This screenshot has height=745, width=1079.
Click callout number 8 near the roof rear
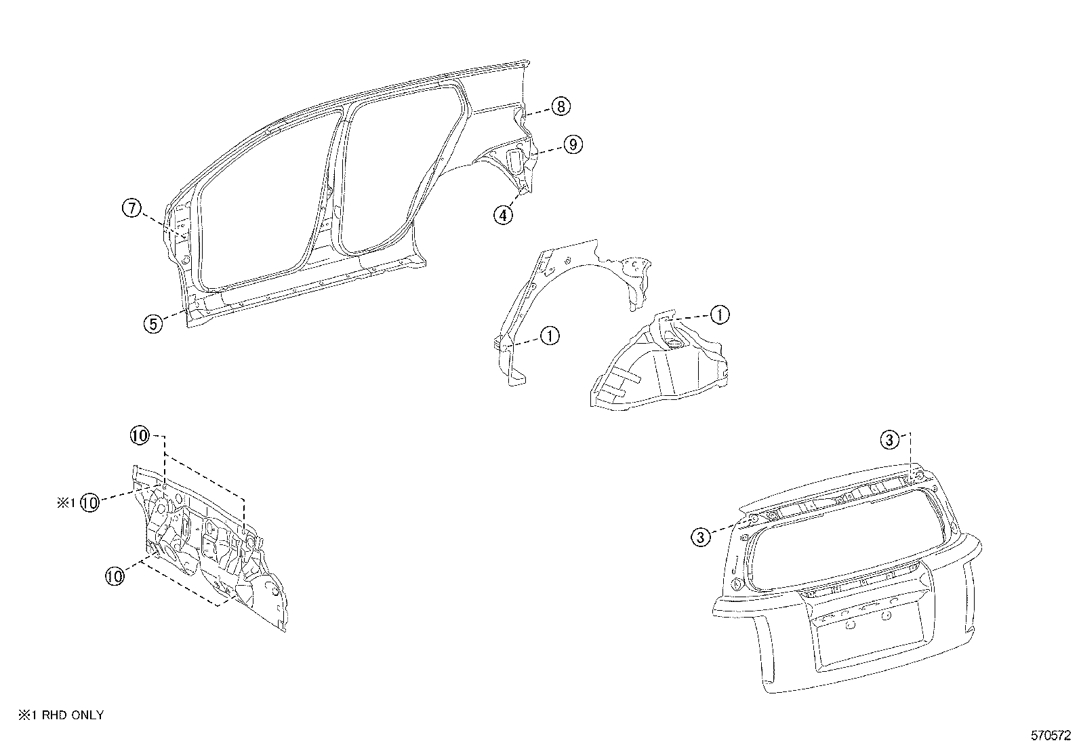(561, 106)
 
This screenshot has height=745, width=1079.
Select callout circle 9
(572, 144)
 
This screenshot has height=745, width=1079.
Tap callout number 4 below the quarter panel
(502, 215)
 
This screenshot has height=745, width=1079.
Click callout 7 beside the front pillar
(131, 208)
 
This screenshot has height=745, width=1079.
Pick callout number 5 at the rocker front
(153, 324)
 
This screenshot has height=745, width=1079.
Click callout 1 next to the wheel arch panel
(550, 335)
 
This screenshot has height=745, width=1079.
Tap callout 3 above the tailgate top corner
(890, 441)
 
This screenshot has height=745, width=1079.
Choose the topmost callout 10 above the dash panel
(140, 437)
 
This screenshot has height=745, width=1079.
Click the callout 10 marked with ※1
(90, 502)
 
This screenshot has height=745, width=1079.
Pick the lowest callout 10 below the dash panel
(115, 576)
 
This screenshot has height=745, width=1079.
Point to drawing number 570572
(1051, 735)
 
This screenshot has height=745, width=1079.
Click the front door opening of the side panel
(264, 210)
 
